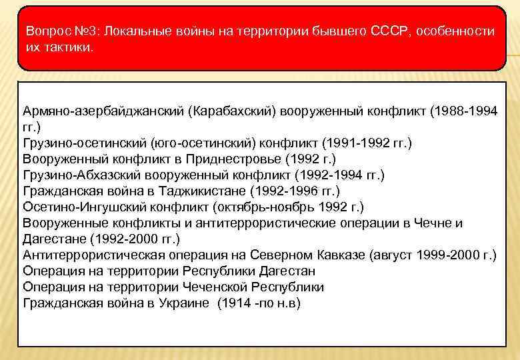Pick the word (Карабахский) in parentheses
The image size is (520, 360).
[232, 110]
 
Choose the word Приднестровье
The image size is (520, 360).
[238, 159]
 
